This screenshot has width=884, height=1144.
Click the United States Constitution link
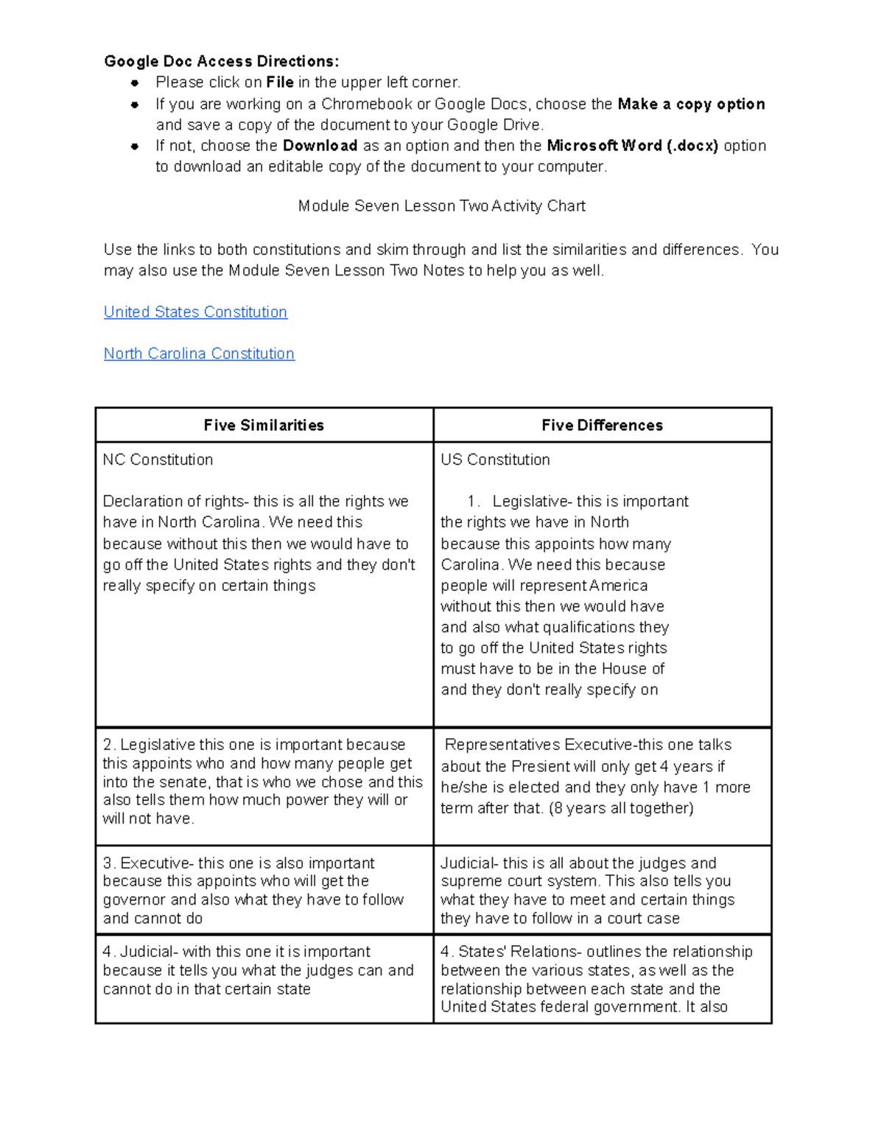pos(195,312)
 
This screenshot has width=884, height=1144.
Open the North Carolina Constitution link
pos(199,354)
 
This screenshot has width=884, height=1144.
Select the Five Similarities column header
pos(264,425)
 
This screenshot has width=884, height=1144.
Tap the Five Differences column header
pos(602,425)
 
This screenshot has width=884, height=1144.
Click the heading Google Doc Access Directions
pos(221,61)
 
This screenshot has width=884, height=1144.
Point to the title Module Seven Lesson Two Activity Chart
pos(441,206)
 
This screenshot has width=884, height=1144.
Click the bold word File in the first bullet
pos(280,83)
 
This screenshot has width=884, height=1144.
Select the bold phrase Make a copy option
pos(691,104)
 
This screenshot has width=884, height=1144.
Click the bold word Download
pos(320,146)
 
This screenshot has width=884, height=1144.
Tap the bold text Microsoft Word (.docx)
pos(632,146)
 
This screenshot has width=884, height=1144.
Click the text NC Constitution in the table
pos(158,460)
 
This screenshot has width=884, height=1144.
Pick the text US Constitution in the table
pos(495,460)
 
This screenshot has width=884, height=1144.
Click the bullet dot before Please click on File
pos(135,83)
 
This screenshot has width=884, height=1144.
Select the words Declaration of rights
pos(173,502)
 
